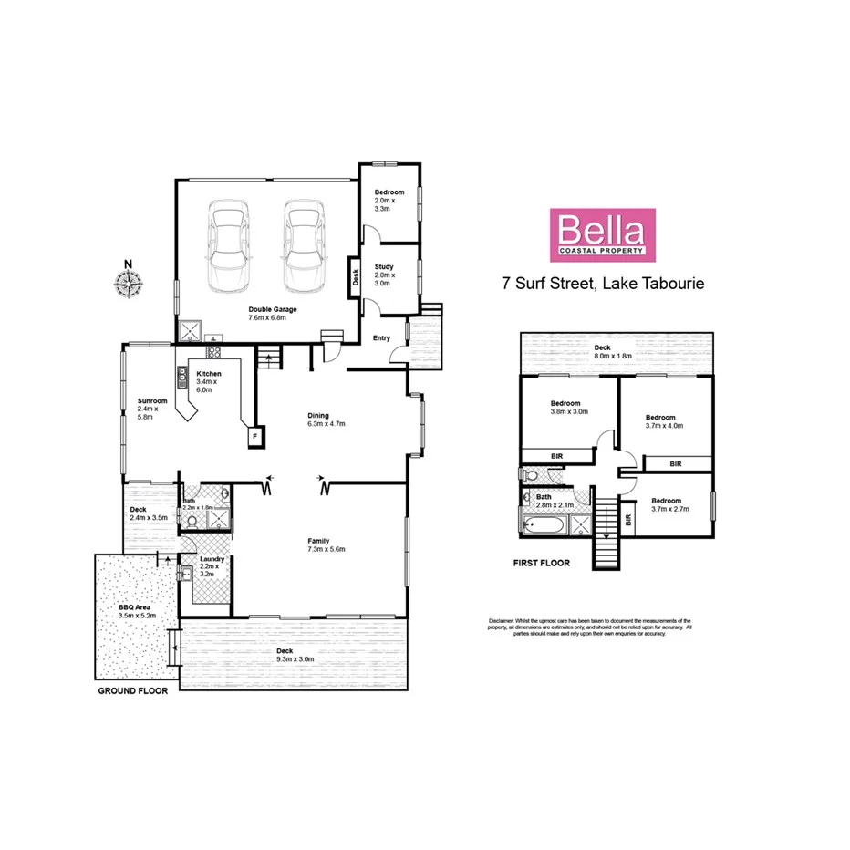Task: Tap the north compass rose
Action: (130, 284)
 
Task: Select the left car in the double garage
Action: (229, 244)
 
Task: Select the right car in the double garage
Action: (305, 244)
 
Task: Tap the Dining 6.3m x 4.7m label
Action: (326, 420)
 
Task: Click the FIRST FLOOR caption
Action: (541, 563)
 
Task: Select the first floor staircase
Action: (605, 538)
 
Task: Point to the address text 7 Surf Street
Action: (603, 284)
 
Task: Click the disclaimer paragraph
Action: (588, 627)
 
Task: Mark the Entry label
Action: (381, 338)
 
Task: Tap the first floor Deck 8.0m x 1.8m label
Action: (613, 351)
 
